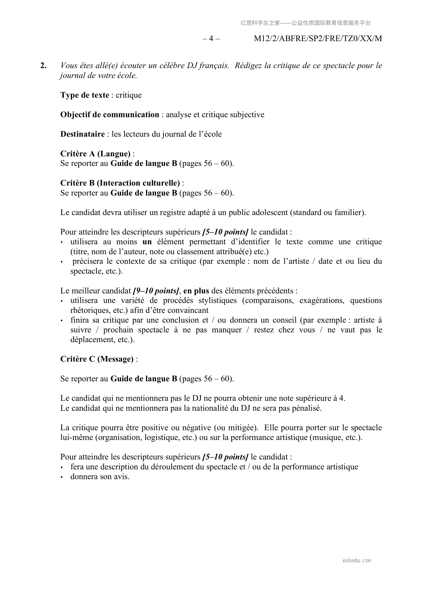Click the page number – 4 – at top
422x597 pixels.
click(211, 39)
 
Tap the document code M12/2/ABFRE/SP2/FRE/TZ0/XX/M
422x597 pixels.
click(318, 39)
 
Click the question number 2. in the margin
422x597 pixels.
click(44, 66)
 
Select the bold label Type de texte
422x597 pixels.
click(85, 95)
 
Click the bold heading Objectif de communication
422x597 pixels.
click(110, 115)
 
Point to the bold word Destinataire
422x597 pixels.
click(82, 134)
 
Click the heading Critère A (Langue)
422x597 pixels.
click(95, 154)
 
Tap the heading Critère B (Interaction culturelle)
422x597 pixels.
click(120, 183)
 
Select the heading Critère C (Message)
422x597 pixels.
click(97, 359)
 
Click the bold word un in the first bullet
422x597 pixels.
click(147, 242)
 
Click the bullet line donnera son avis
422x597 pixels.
click(100, 476)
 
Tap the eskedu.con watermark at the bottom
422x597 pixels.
click(357, 560)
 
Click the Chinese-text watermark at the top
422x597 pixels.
click(305, 23)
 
